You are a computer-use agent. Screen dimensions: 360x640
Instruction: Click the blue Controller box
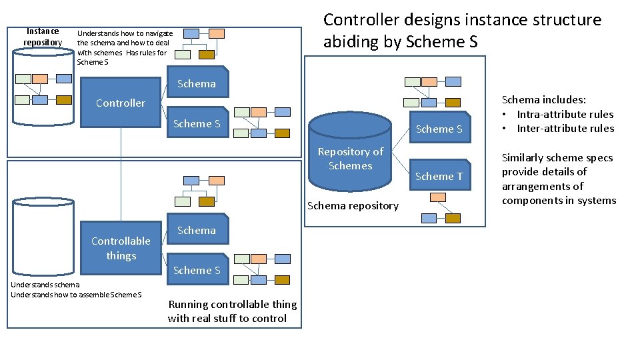click(x=120, y=103)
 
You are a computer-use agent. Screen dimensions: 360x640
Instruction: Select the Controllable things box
click(x=121, y=248)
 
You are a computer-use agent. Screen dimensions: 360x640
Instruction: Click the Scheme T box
click(x=439, y=176)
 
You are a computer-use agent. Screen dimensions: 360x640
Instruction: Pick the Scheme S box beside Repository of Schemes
click(x=439, y=129)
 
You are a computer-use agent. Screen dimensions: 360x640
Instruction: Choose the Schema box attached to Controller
click(x=196, y=83)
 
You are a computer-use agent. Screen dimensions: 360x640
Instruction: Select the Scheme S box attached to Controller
click(x=196, y=123)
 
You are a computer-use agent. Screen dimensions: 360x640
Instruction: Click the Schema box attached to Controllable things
click(x=196, y=230)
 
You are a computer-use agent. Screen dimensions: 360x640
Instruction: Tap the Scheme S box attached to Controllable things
click(x=196, y=270)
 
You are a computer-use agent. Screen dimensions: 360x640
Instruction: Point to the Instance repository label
click(x=42, y=37)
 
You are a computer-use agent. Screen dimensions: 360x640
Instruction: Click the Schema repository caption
click(x=353, y=205)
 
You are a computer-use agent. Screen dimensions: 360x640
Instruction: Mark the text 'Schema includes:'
click(x=543, y=99)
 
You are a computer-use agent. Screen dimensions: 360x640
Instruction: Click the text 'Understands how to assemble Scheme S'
click(x=76, y=295)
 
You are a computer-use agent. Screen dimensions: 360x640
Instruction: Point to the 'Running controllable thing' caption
click(x=232, y=304)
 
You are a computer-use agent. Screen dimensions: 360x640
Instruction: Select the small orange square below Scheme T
click(x=438, y=197)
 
